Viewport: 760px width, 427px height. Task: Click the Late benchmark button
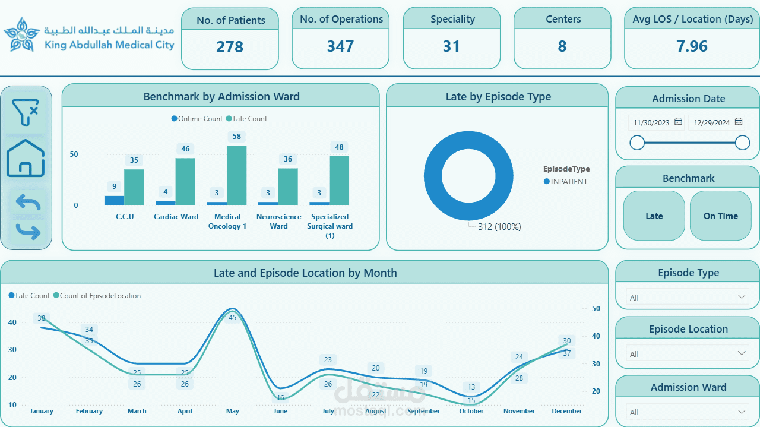[x=654, y=216]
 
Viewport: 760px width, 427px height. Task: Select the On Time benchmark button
[x=720, y=216]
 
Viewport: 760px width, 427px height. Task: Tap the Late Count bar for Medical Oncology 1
[x=237, y=176]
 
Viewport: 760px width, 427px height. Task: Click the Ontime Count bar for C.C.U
[x=115, y=200]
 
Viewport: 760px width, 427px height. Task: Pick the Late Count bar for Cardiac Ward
[x=185, y=182]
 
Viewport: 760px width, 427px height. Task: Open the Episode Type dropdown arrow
[x=742, y=297]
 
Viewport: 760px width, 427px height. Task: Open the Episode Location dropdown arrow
[x=742, y=353]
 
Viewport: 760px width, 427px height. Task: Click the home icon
[x=26, y=159]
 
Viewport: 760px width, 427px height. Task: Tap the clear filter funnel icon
[x=26, y=112]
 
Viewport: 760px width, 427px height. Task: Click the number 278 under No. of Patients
[x=230, y=47]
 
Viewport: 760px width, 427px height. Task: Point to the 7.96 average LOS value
[x=692, y=47]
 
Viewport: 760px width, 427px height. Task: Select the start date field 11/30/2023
[x=651, y=123]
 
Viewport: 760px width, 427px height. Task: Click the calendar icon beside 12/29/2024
[x=739, y=122]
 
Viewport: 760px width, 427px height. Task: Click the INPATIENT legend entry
[x=569, y=182]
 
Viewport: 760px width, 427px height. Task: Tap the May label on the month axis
[x=233, y=411]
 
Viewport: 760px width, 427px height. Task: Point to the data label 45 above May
[x=233, y=318]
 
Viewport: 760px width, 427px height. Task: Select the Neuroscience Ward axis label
[x=278, y=222]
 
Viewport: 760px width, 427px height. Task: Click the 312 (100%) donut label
[x=499, y=227]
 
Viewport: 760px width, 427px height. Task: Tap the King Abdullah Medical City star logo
[x=21, y=35]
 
